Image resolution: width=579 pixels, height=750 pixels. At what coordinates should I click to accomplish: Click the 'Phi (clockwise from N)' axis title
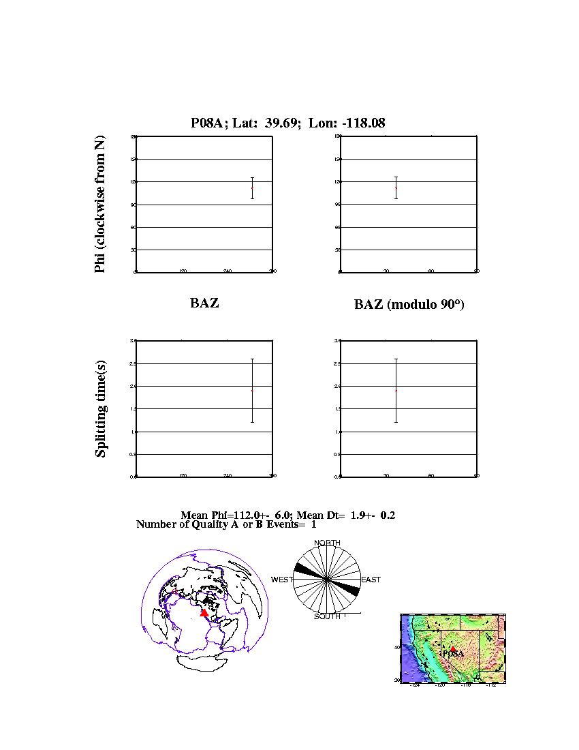point(100,205)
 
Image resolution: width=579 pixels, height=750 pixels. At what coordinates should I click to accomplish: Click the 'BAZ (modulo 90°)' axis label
point(409,305)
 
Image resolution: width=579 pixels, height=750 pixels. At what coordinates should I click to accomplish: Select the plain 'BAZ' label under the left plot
point(204,303)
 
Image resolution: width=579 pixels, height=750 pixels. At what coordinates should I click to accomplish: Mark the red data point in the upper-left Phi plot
point(252,188)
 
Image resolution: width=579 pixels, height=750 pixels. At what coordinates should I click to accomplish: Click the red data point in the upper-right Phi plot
point(396,188)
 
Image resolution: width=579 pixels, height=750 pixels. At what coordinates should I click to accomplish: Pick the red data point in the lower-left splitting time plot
point(252,390)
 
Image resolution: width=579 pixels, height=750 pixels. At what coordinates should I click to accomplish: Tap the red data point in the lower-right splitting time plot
point(396,390)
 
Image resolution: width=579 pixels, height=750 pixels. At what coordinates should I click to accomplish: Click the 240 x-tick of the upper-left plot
point(228,271)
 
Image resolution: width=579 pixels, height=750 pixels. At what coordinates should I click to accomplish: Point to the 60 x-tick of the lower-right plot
point(431,476)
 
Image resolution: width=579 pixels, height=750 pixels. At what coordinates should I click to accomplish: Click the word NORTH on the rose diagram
point(327,543)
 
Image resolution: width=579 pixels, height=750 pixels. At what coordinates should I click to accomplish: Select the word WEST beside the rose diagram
point(282,580)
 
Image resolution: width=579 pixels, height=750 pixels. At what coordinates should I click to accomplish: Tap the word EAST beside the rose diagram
point(371,580)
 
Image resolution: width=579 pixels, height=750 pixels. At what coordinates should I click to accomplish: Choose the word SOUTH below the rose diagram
point(327,617)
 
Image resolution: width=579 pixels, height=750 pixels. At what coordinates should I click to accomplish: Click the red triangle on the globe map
point(204,613)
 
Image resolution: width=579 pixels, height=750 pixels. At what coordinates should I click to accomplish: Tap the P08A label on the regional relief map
point(454,654)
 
